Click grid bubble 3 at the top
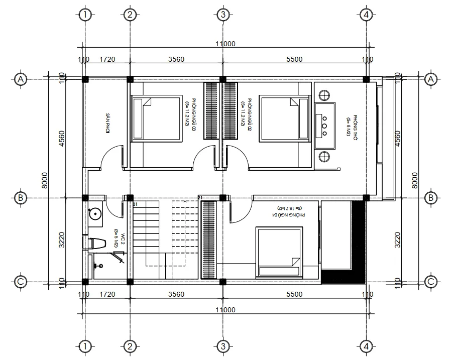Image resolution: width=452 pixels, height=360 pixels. [222, 15]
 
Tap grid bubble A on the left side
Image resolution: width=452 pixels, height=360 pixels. [21, 79]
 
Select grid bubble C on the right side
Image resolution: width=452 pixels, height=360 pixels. [430, 282]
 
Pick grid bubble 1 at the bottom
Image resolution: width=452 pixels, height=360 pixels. [86, 346]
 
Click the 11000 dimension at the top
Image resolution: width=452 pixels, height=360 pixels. [225, 44]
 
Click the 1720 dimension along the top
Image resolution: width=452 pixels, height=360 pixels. [107, 59]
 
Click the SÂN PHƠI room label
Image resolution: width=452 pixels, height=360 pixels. [107, 124]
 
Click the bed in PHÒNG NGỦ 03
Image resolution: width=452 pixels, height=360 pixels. [156, 118]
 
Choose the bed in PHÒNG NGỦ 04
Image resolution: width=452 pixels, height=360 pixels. [279, 252]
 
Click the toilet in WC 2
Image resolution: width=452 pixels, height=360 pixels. [95, 244]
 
